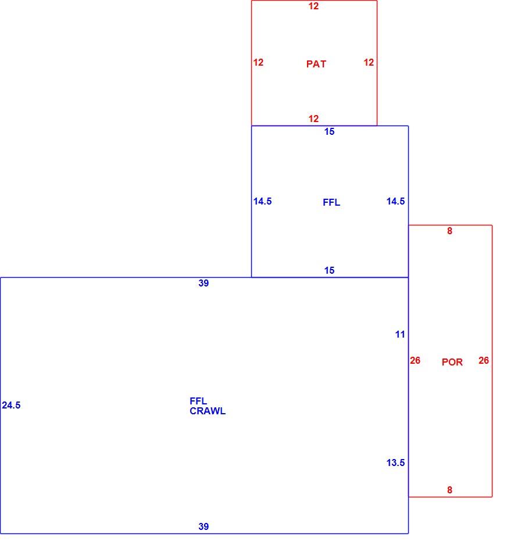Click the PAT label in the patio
coord(316,64)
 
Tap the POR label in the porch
coord(452,362)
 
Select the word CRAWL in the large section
coord(208,411)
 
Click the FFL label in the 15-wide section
coord(331,202)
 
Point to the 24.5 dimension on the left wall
coord(11,405)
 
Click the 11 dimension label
coord(400,334)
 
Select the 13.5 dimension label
coord(395,463)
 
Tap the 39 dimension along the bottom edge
coord(204,526)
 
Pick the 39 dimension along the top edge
coord(204,283)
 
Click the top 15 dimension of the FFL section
coord(330,132)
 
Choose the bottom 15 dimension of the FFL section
coord(330,270)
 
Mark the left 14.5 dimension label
coord(262,201)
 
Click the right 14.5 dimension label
coord(395,201)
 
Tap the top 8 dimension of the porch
coord(449,231)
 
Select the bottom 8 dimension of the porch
coord(449,490)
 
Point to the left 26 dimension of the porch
coord(415,360)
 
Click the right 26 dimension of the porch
coord(484,360)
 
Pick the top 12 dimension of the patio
coord(313,6)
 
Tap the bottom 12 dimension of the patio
coord(313,119)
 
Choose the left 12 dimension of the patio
coord(258,62)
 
